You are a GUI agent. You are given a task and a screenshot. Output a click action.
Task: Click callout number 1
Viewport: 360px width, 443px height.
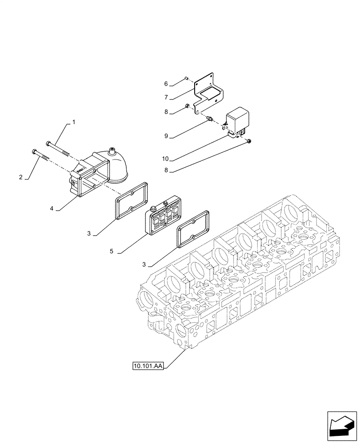click(74, 121)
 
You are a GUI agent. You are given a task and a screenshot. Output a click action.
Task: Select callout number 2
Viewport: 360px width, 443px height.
click(20, 177)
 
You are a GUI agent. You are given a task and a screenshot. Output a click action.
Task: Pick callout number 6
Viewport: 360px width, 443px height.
click(166, 83)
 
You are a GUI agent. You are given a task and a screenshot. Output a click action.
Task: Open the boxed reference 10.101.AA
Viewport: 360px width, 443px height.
click(148, 366)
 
